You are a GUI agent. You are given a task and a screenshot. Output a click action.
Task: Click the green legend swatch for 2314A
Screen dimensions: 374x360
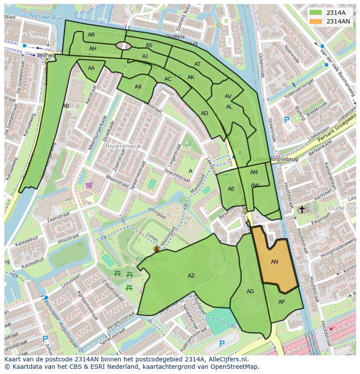pos(316,13)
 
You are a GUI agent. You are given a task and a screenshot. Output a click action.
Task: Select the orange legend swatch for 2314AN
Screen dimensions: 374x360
pos(316,21)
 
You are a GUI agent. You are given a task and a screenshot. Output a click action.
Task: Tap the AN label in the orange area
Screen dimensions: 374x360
pos(274,262)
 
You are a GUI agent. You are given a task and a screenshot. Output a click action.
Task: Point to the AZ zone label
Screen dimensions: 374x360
pos(191,276)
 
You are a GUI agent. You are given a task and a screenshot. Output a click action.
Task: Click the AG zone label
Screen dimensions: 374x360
pos(250,291)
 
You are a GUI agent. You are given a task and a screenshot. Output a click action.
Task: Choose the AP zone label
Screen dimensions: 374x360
pos(281,302)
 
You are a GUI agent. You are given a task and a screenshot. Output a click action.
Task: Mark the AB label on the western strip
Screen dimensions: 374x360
pos(66,106)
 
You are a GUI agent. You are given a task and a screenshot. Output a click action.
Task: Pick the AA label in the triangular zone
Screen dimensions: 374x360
pos(91,68)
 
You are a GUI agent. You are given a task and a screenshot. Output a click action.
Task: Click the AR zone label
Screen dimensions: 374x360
pos(91,35)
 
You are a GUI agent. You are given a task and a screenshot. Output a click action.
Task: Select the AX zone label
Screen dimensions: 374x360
pos(138,87)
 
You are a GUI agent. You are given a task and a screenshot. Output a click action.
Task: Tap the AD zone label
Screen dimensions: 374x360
pos(204,113)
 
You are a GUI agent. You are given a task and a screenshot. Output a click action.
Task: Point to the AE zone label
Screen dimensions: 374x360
pos(231,189)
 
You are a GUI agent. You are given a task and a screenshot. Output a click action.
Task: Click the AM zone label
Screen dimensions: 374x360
pos(254,172)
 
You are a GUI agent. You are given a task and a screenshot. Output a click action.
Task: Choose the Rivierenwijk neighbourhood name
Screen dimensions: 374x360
pos(123,146)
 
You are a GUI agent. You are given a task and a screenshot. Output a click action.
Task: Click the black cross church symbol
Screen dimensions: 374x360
pos(302,210)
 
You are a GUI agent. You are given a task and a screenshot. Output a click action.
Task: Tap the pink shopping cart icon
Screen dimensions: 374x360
pos(89,185)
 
